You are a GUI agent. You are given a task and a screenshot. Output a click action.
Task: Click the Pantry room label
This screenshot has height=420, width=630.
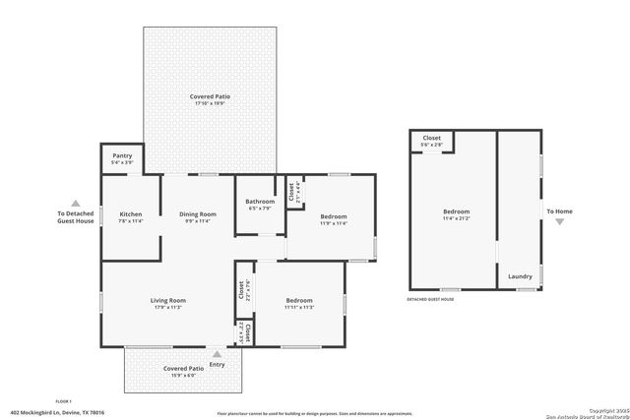[x=122, y=155]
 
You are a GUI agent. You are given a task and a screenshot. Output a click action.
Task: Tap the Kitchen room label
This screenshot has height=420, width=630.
[x=131, y=213]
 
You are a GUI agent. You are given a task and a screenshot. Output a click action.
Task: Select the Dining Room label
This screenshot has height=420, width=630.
[x=197, y=213]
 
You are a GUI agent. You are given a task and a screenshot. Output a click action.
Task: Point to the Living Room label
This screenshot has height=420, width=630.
[x=167, y=300]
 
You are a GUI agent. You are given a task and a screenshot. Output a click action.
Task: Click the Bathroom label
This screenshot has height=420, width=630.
[x=260, y=202]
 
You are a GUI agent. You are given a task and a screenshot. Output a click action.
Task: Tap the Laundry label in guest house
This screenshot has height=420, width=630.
[x=520, y=276]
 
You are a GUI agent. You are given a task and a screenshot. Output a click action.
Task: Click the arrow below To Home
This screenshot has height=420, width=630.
[x=559, y=222]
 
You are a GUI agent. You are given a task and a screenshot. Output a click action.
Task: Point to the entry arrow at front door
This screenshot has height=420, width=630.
[x=217, y=352]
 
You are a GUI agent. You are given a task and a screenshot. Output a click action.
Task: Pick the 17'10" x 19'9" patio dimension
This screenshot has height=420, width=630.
[x=208, y=103]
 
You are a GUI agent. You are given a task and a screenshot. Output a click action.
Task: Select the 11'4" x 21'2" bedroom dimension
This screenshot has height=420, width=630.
[x=456, y=218]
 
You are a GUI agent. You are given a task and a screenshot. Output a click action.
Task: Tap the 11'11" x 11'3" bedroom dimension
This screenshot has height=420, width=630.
[x=299, y=307]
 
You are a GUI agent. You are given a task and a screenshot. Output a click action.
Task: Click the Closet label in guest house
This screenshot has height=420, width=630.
[x=431, y=138]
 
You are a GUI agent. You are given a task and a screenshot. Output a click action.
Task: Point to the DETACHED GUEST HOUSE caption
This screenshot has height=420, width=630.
[x=430, y=299]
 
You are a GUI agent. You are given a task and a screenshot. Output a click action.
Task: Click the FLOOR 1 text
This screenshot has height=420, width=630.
[x=64, y=401]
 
